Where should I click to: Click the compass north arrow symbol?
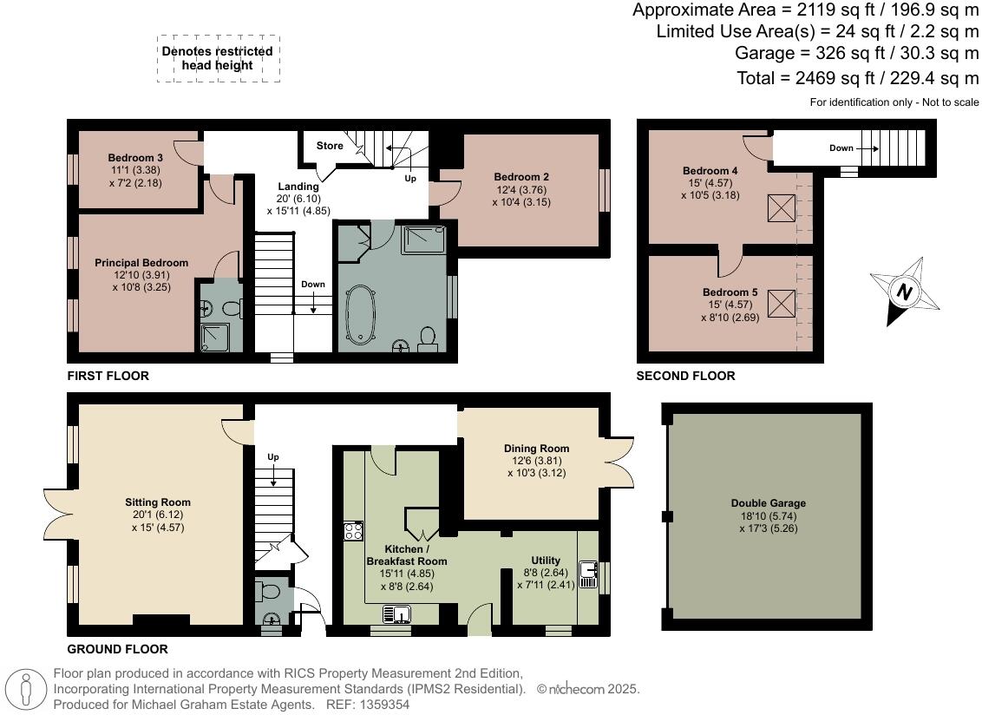(905, 292)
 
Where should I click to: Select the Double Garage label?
(769, 502)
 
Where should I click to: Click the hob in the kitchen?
(353, 531)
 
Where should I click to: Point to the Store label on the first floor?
(330, 146)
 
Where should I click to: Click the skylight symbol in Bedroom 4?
(782, 208)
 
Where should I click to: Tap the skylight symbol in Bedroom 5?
(782, 305)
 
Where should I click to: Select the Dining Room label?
(537, 448)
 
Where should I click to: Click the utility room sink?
(587, 574)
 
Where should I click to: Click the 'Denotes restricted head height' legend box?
(218, 59)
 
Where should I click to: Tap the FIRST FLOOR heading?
(108, 376)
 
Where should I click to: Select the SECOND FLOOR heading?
(686, 376)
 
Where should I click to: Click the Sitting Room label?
(158, 502)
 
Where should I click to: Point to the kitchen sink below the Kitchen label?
(396, 614)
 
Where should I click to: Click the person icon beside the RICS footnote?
(26, 689)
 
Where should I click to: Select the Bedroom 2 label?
(521, 177)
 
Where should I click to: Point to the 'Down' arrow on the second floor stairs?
(868, 148)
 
